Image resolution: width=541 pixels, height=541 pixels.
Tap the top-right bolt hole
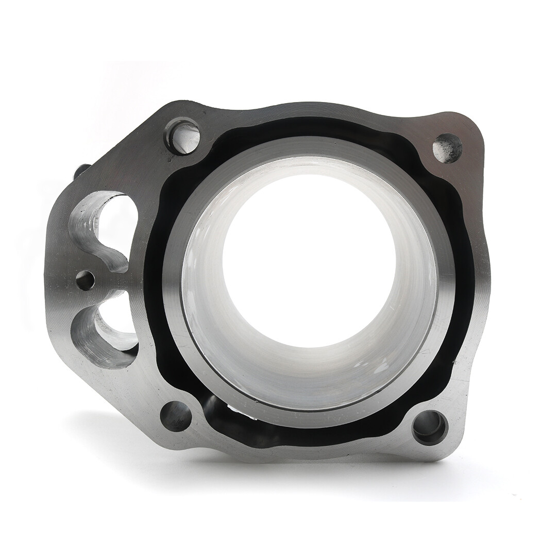[x=447, y=147]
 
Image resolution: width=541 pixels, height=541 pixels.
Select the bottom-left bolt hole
[x=176, y=415]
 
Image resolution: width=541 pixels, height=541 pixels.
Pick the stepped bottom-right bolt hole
[x=429, y=427]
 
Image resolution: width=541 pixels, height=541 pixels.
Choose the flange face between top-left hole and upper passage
[x=139, y=170]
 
